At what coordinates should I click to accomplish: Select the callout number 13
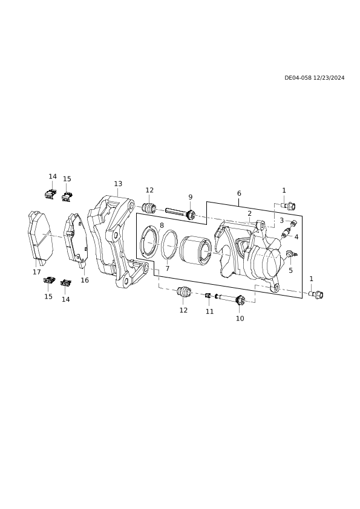click(118, 184)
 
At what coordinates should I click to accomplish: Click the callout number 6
click(239, 193)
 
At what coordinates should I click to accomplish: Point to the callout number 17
click(37, 272)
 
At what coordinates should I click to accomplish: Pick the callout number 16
click(85, 280)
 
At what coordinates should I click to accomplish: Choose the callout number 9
click(191, 197)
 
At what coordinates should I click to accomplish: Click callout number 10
click(240, 319)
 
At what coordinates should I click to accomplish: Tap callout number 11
click(209, 311)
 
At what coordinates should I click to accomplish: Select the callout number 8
click(162, 225)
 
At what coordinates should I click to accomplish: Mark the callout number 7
click(168, 268)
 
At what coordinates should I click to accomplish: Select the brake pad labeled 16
click(76, 239)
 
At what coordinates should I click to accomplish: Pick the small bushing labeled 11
click(208, 295)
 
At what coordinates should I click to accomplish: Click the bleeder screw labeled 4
click(286, 233)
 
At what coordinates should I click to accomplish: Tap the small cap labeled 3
click(293, 223)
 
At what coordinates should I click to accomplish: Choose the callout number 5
click(290, 270)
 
